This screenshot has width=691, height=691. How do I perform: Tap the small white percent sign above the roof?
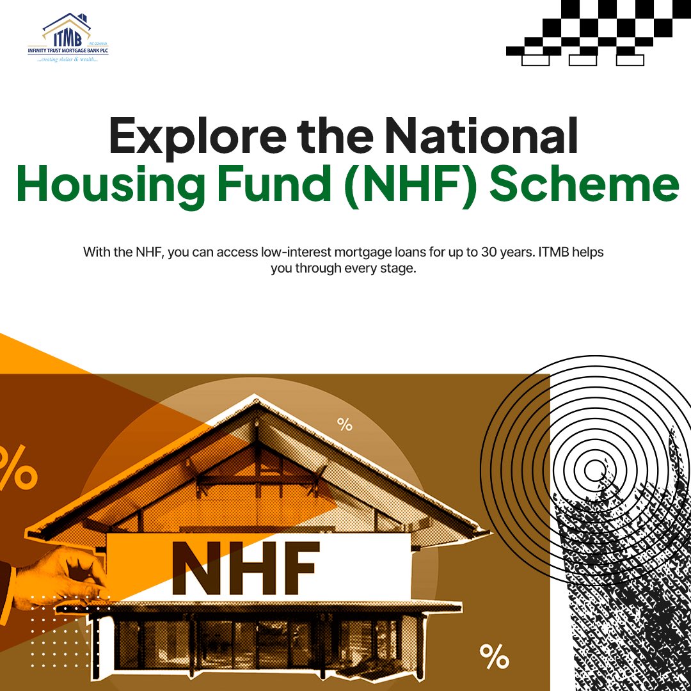[345, 424]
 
